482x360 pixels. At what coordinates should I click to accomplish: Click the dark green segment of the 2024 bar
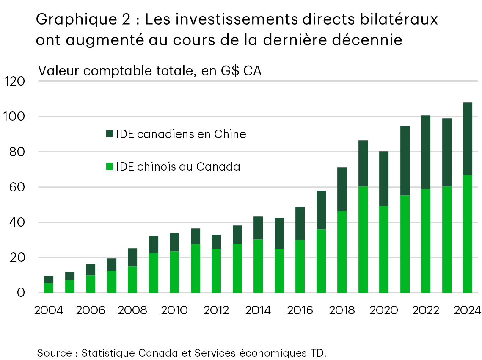click(x=467, y=138)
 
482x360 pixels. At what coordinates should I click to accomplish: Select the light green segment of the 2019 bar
click(x=363, y=239)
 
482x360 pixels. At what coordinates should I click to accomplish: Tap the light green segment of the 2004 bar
click(x=49, y=288)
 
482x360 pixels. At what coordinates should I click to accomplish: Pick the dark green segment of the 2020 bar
click(x=383, y=178)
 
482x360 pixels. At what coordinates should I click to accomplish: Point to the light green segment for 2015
click(x=279, y=270)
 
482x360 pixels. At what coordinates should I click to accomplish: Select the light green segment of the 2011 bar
click(x=195, y=268)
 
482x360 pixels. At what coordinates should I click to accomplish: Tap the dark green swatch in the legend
click(x=109, y=134)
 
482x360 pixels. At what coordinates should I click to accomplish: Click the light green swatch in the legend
click(x=109, y=167)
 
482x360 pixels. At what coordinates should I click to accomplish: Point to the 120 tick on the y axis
click(x=15, y=81)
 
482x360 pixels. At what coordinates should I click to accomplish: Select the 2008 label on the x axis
click(x=132, y=310)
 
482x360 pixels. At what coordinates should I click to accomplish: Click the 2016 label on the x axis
click(x=300, y=310)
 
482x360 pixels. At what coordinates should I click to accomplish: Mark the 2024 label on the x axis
click(x=467, y=310)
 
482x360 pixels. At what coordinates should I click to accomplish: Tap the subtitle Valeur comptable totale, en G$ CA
click(x=150, y=71)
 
